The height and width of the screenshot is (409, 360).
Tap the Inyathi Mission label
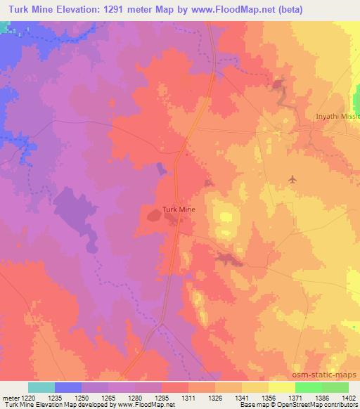click(338, 117)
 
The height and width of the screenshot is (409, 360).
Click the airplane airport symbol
click(293, 181)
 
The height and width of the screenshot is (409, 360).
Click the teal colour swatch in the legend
click(41, 387)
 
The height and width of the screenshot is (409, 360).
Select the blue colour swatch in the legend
click(68, 387)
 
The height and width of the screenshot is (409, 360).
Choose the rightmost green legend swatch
click(335, 387)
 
